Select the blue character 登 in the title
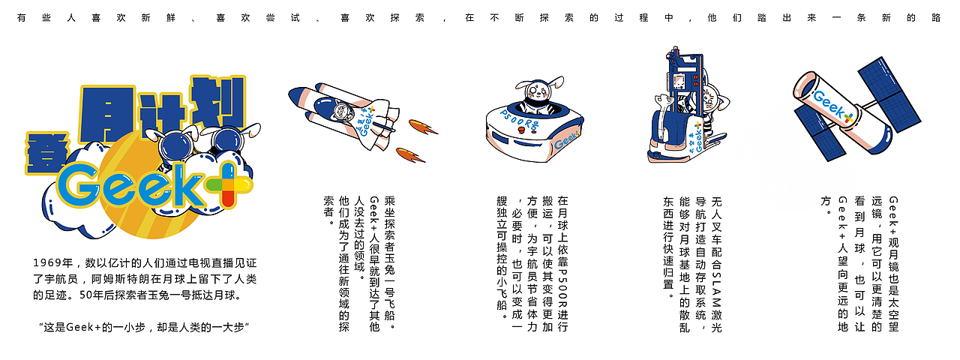(x=44, y=151)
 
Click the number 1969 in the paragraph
(x=47, y=262)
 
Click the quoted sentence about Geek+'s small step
(x=143, y=327)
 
